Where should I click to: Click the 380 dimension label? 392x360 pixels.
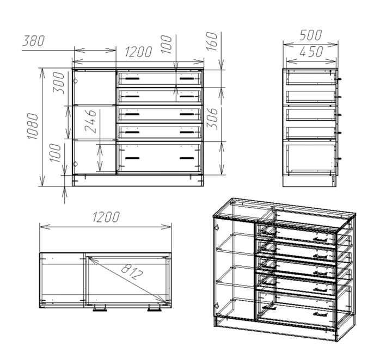[x=34, y=41]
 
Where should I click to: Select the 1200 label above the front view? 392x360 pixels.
[x=138, y=52]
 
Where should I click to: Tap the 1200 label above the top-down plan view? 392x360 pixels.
[x=106, y=217]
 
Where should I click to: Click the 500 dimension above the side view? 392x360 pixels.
[x=310, y=35]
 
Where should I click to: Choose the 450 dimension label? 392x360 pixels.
[x=311, y=52]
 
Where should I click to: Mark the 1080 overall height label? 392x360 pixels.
[x=33, y=126]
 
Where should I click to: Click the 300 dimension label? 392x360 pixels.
[x=58, y=83]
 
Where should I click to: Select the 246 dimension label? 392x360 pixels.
[x=90, y=121]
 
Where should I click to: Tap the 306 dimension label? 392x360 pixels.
[x=212, y=119]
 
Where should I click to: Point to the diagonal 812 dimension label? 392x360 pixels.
[x=132, y=271]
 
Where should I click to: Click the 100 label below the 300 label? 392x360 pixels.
[x=55, y=153]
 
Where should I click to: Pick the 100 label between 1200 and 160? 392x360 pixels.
[x=166, y=44]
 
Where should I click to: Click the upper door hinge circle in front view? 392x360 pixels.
[x=75, y=81]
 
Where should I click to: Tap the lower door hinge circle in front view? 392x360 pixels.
[x=75, y=164]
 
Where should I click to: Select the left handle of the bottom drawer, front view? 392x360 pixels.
[x=132, y=158]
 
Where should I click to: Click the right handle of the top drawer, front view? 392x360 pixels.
[x=187, y=79]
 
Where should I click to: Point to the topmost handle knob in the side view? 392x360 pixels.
[x=340, y=79]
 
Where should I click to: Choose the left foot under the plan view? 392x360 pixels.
[x=100, y=308]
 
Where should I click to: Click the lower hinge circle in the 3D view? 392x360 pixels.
[x=217, y=305]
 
